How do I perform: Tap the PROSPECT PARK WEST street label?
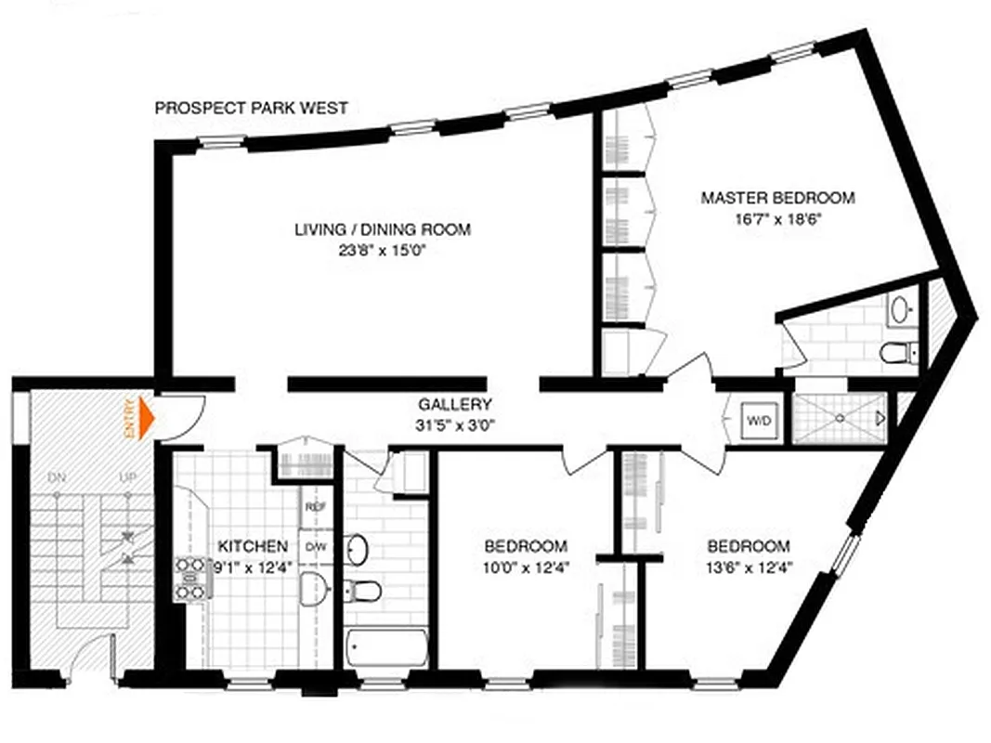click(251, 109)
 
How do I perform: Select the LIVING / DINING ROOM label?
click(382, 229)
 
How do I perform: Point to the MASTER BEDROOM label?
click(777, 198)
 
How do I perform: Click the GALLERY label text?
click(454, 405)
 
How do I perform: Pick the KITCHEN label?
click(253, 545)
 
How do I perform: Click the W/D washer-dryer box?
click(757, 420)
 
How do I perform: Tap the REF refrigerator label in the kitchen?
click(315, 508)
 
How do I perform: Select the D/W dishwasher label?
click(315, 546)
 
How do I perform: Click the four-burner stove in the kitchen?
click(189, 577)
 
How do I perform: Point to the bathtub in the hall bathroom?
click(386, 650)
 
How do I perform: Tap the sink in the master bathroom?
click(900, 310)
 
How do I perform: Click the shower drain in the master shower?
click(839, 418)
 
